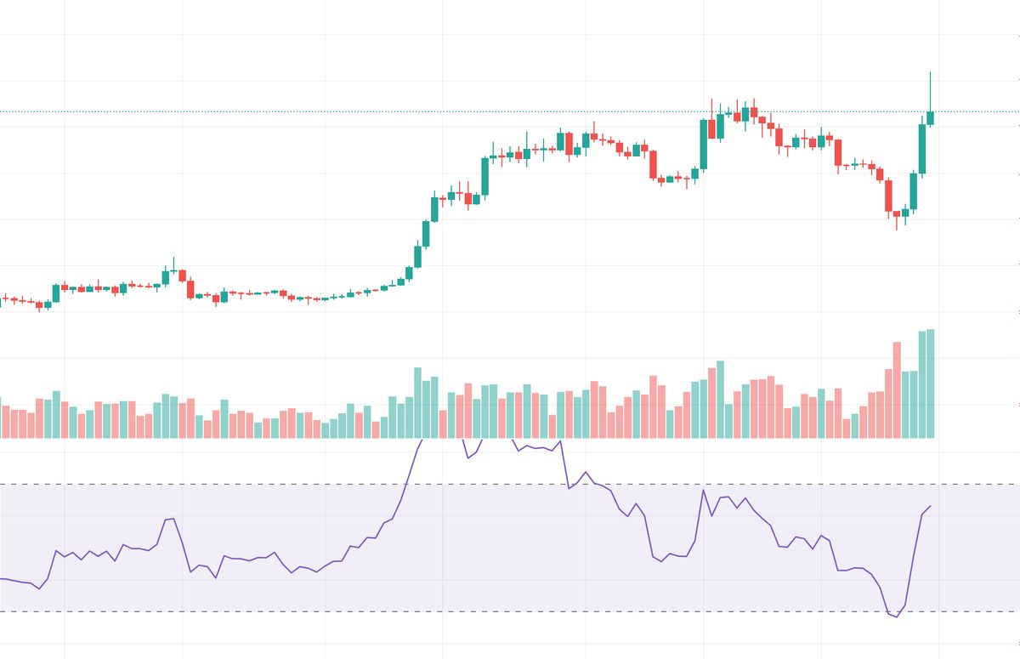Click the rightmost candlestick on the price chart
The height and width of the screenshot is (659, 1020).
tap(931, 117)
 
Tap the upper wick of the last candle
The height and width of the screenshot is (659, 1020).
tap(931, 90)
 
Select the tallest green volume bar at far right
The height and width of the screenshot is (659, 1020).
tap(931, 383)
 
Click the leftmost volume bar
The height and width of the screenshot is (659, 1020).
tap(1, 417)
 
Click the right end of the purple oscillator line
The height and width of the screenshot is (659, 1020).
tap(931, 506)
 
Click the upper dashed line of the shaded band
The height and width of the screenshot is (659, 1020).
tap(255, 485)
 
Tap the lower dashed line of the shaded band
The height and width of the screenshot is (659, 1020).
tap(255, 611)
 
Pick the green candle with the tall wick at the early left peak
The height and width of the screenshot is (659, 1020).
tap(167, 276)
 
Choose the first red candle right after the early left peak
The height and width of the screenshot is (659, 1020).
tap(182, 276)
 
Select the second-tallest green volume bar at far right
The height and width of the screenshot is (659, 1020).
tap(922, 384)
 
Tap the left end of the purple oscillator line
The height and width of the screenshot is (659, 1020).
tap(1, 578)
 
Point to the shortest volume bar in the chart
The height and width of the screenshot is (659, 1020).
tap(326, 430)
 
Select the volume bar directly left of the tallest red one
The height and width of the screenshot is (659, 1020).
tap(887, 403)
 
